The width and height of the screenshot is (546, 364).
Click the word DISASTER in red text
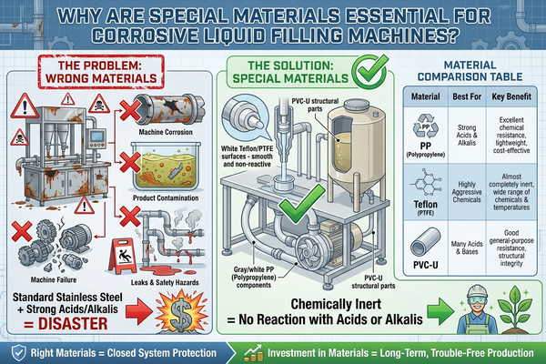click(x=73, y=324)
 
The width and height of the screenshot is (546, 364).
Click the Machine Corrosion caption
click(x=166, y=132)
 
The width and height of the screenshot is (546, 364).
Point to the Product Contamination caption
click(x=166, y=197)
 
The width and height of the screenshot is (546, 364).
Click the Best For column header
click(x=467, y=96)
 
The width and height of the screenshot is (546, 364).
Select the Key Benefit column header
click(x=511, y=96)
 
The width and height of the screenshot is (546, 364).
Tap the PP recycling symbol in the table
click(x=426, y=126)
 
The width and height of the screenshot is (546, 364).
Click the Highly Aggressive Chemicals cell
click(x=467, y=192)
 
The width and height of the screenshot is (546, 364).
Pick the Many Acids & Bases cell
click(x=467, y=248)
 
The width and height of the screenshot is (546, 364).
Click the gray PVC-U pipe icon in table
click(x=426, y=242)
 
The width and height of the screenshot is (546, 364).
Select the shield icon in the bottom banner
click(x=18, y=353)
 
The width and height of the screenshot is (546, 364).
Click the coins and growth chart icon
click(x=253, y=353)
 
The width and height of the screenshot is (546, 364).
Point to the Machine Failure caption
click(x=54, y=279)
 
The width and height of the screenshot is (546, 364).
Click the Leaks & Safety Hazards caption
click(x=165, y=282)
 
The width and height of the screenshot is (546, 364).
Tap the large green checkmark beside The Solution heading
click(x=369, y=71)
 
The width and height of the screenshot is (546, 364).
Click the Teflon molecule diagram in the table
click(x=426, y=182)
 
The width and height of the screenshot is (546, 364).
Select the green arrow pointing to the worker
click(x=440, y=310)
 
